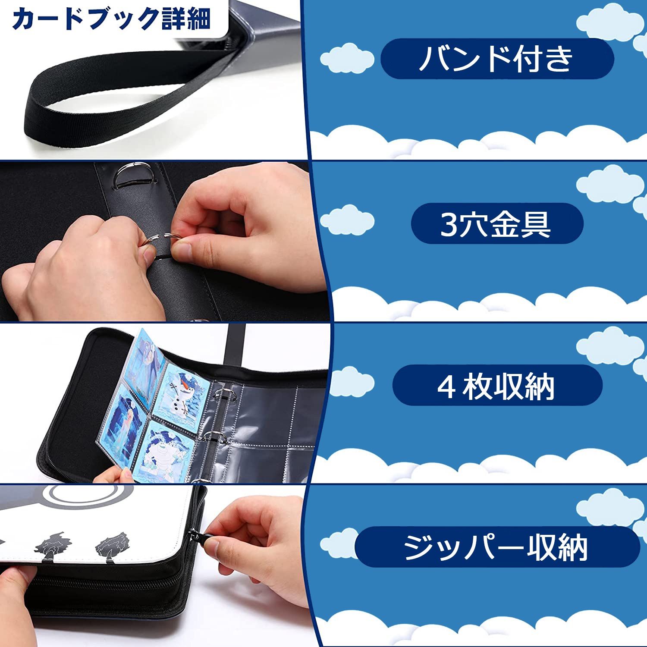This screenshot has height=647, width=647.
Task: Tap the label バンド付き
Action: pos(496,59)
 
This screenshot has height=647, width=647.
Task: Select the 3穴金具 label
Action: pos(496,223)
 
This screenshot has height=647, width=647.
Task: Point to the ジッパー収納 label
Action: pos(496,547)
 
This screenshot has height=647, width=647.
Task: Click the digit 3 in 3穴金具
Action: pos(448,224)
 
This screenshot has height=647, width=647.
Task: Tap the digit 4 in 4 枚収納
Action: pos(447,386)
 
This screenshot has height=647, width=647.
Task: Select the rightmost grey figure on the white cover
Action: pos(112,546)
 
